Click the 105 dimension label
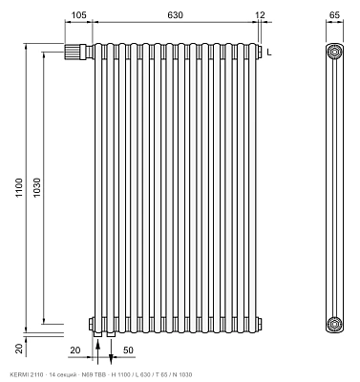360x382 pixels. pyautogui.click(x=78, y=15)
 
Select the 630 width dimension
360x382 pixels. pyautogui.click(x=175, y=15)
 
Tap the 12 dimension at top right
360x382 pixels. pyautogui.click(x=260, y=15)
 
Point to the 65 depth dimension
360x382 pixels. pyautogui.click(x=334, y=15)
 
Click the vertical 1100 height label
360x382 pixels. pyautogui.click(x=19, y=188)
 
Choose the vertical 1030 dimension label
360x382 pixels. pyautogui.click(x=36, y=187)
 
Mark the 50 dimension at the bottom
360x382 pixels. pyautogui.click(x=128, y=350)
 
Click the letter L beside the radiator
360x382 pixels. pyautogui.click(x=269, y=53)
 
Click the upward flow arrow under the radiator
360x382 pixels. pyautogui.click(x=97, y=351)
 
